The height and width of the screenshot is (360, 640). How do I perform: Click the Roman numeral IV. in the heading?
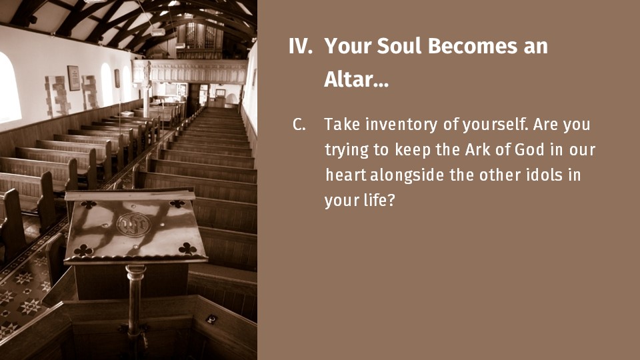tap(301, 46)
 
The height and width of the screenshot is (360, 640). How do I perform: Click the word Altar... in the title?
tap(356, 79)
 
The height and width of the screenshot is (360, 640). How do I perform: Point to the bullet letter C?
tap(299, 125)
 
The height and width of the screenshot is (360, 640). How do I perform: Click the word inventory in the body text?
tap(401, 124)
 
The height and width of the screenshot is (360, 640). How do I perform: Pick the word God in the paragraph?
tap(530, 149)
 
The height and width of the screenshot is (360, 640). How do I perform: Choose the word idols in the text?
tap(545, 175)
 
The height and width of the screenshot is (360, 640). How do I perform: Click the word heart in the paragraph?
tap(346, 175)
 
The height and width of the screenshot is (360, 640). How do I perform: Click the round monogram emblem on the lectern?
tap(133, 225)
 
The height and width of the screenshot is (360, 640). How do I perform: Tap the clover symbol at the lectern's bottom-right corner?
tap(187, 248)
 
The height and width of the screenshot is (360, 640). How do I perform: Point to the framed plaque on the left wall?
tap(73, 78)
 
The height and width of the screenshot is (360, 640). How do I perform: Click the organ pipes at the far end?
tap(200, 35)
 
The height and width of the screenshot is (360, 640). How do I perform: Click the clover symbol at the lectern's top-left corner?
tap(88, 205)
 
